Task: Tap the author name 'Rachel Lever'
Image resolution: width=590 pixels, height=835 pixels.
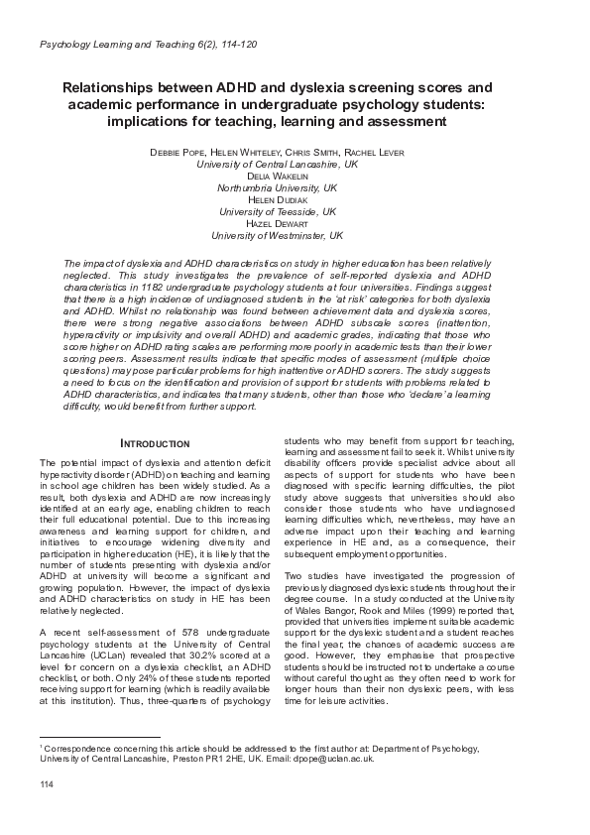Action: [x=373, y=152]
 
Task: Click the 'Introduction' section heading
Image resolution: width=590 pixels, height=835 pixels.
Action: [x=149, y=442]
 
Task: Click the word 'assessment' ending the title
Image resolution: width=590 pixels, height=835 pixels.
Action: [x=397, y=122]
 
